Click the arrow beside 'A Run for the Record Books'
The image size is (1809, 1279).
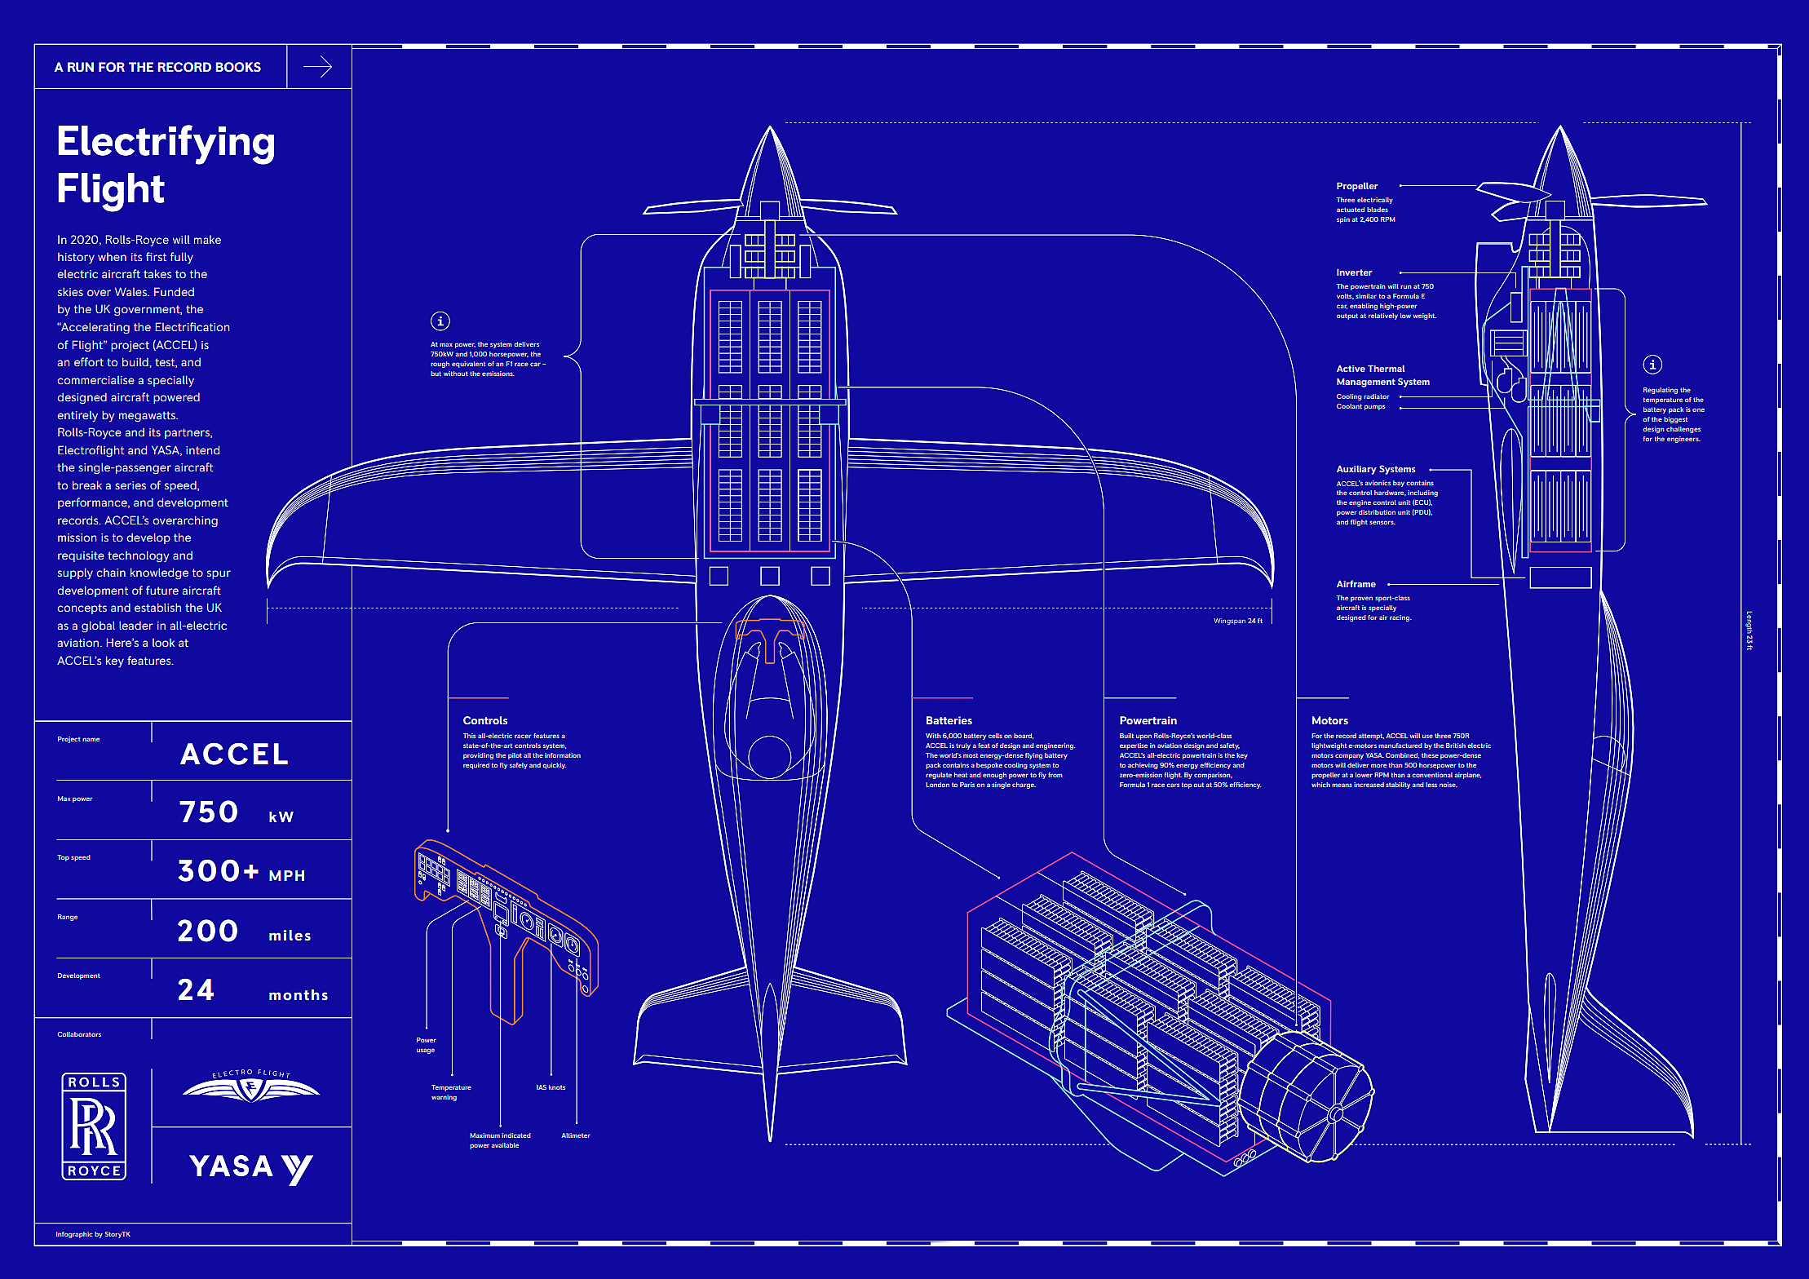pyautogui.click(x=317, y=67)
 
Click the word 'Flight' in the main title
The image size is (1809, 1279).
pyautogui.click(x=111, y=189)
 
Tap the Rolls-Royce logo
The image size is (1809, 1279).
pyautogui.click(x=94, y=1126)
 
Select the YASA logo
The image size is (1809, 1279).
pyautogui.click(x=250, y=1167)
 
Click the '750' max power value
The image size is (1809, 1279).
pyautogui.click(x=209, y=812)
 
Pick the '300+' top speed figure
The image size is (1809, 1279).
pyautogui.click(x=218, y=871)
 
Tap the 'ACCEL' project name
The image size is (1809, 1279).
pyautogui.click(x=234, y=754)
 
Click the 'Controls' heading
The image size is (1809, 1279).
pyautogui.click(x=485, y=720)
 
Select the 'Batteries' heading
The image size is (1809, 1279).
pyautogui.click(x=949, y=720)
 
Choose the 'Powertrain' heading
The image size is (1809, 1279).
pyautogui.click(x=1148, y=720)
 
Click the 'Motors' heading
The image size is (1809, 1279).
pyautogui.click(x=1329, y=720)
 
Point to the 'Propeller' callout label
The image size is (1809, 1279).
pyautogui.click(x=1356, y=186)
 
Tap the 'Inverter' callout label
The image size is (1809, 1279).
pyautogui.click(x=1354, y=272)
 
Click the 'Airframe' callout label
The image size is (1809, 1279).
pyautogui.click(x=1356, y=584)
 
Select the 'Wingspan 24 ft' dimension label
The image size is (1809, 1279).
pyautogui.click(x=1237, y=621)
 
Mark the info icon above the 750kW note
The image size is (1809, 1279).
pyautogui.click(x=440, y=321)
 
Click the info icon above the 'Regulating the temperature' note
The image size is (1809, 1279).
pyautogui.click(x=1652, y=365)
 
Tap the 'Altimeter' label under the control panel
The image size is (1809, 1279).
pyautogui.click(x=576, y=1135)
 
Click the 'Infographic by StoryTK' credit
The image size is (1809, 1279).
pyautogui.click(x=93, y=1234)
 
